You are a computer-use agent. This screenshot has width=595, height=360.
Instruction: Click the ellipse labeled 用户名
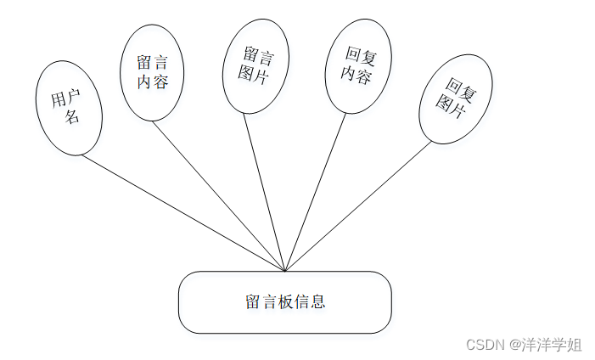[x=70, y=108]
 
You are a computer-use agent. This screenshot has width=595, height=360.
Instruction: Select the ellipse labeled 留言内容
[x=153, y=71]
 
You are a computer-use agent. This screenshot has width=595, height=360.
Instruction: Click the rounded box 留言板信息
[x=284, y=302]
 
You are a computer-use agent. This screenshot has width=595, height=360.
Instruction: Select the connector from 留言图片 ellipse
[x=265, y=191]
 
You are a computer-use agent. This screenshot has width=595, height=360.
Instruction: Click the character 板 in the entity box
[x=285, y=302]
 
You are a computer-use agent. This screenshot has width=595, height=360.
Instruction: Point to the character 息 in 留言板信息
[x=318, y=302]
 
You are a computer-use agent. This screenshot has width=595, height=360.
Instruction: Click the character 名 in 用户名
[x=73, y=117]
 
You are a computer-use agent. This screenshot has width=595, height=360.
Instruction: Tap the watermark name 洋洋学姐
[x=552, y=345]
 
